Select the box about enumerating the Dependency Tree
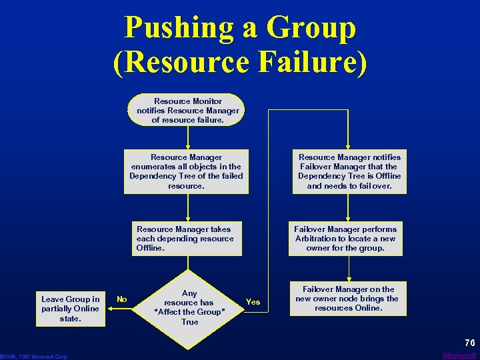coord(186,171)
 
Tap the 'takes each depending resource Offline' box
coord(185,238)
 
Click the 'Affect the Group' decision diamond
coord(189,307)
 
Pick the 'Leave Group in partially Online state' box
coord(71,309)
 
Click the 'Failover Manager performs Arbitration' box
coord(345,238)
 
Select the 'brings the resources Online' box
coord(347,299)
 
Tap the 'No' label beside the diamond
coord(122,299)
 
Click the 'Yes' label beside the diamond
coord(253,302)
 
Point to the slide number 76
coord(469,343)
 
